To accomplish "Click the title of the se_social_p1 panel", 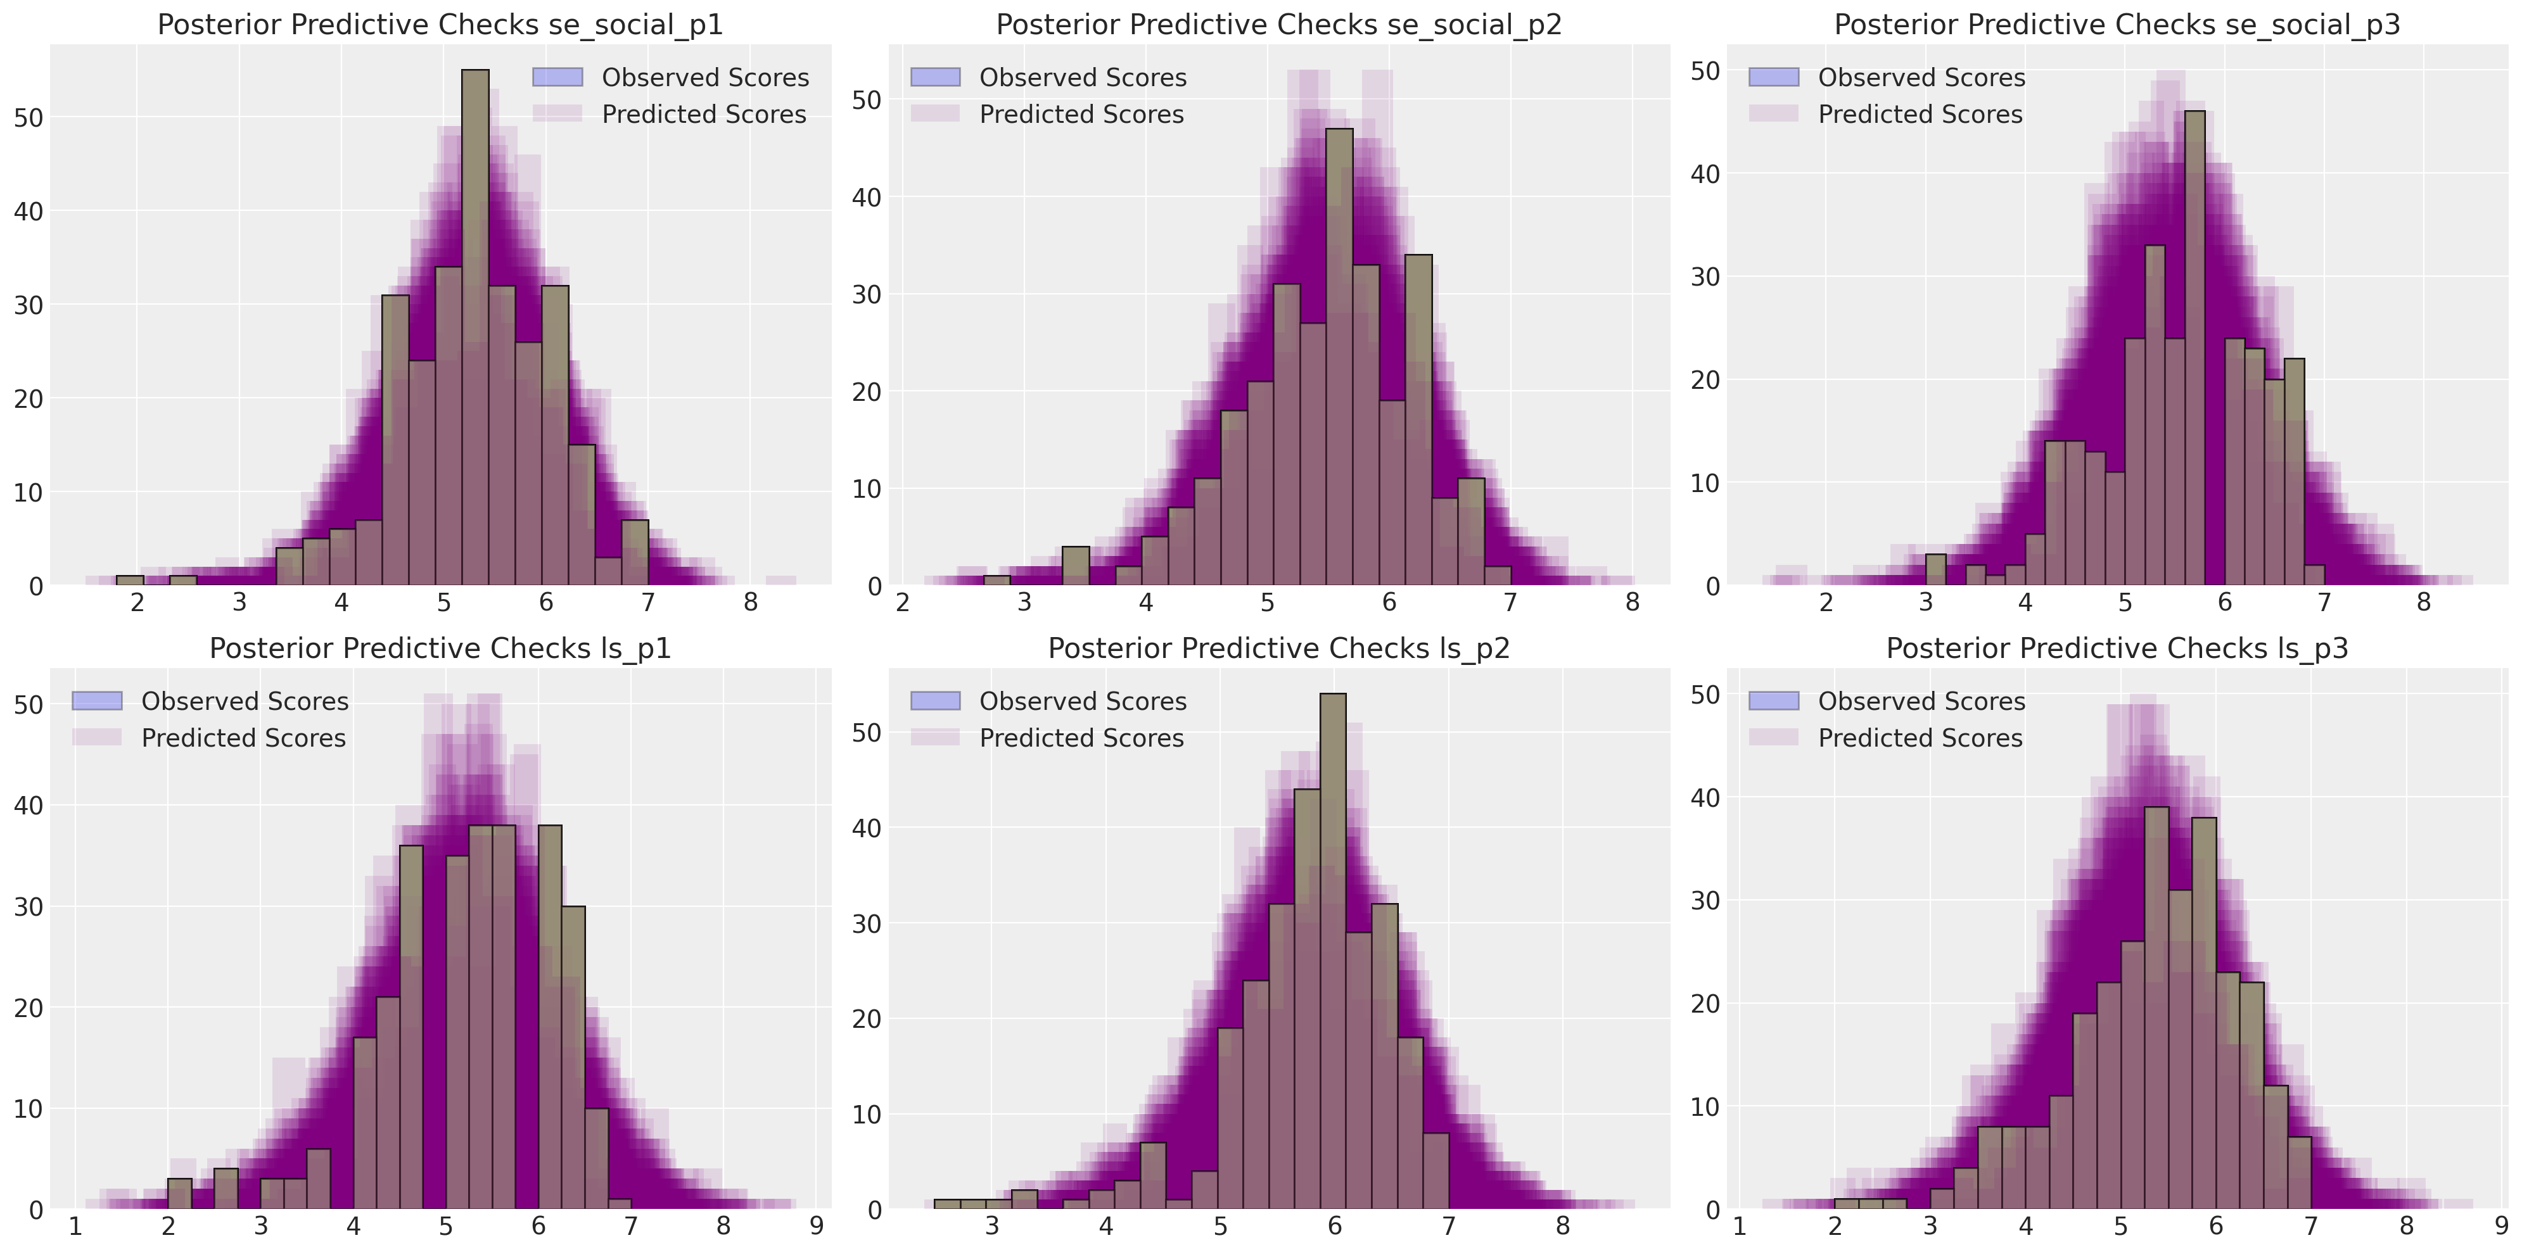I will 440,25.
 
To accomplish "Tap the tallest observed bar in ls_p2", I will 1332,949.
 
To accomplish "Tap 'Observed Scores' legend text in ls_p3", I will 1921,701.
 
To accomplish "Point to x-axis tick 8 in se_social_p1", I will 750,603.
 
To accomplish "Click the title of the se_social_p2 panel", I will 1278,25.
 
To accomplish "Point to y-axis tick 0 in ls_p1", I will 36,1210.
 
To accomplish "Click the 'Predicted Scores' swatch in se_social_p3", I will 1773,113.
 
